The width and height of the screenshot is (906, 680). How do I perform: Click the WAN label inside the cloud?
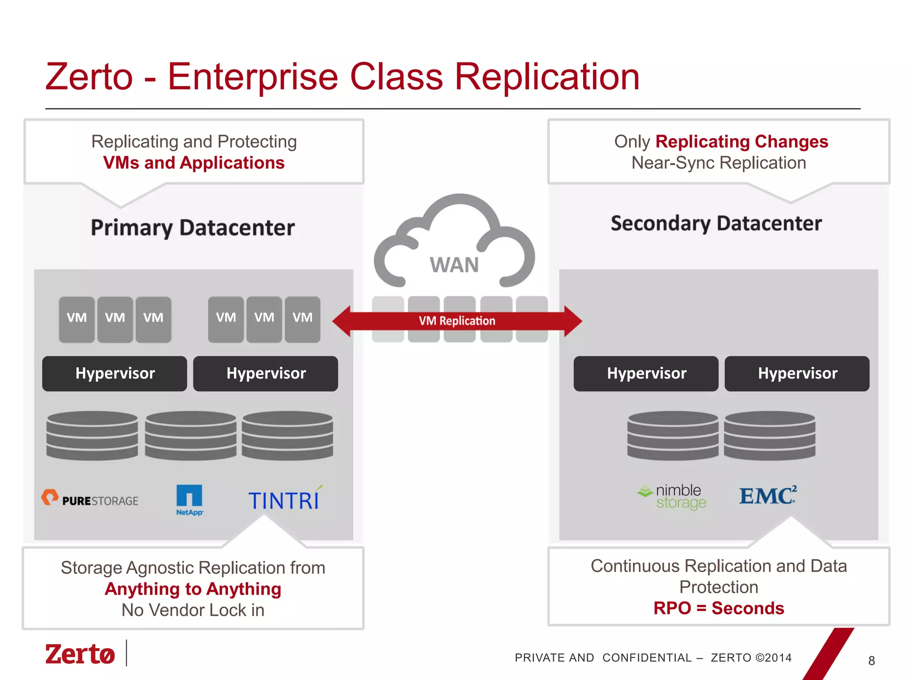click(x=454, y=265)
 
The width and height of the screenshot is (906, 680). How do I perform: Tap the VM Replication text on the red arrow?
click(x=457, y=321)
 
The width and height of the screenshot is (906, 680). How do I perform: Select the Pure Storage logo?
click(x=90, y=499)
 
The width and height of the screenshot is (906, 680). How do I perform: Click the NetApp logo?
click(x=189, y=500)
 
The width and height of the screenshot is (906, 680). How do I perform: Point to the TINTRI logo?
click(x=284, y=500)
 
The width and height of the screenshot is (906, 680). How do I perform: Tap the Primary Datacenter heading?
click(x=193, y=228)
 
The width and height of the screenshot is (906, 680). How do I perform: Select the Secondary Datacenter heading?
click(x=716, y=224)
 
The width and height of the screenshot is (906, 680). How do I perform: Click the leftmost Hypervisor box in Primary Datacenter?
click(x=115, y=373)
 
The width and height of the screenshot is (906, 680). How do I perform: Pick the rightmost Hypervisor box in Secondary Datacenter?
click(x=797, y=373)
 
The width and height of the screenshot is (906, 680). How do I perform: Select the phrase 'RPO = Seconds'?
click(x=718, y=608)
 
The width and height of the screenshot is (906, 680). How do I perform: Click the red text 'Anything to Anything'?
click(x=193, y=589)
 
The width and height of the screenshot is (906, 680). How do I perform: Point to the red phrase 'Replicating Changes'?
click(x=741, y=142)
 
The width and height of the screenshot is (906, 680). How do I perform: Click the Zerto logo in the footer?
click(x=80, y=654)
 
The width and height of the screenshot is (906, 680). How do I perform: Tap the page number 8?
click(x=871, y=661)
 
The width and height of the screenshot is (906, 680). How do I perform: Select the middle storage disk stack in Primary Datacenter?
click(x=191, y=435)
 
